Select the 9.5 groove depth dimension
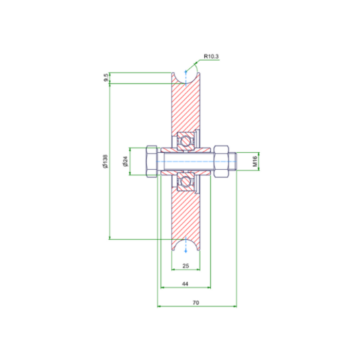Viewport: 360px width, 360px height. tap(106, 78)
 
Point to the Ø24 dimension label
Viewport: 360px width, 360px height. tap(125, 161)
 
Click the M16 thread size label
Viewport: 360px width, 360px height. tap(255, 161)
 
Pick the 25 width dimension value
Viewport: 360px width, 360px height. tap(186, 266)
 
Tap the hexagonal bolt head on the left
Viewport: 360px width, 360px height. tap(152, 161)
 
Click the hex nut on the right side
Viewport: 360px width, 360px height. tap(219, 161)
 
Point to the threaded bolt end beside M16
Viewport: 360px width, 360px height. tap(232, 161)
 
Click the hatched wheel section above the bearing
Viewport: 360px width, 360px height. tap(186, 108)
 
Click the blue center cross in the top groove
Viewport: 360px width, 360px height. tap(186, 72)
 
